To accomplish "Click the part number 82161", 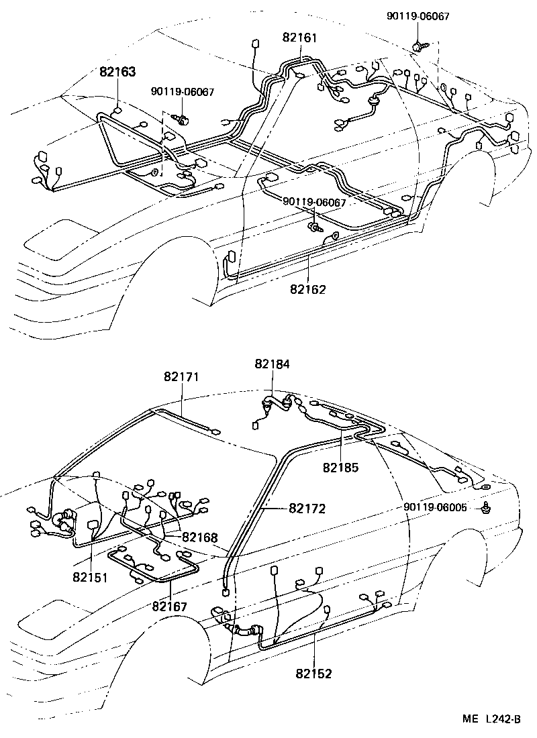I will [299, 38].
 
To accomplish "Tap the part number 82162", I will [308, 289].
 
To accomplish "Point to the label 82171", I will [181, 377].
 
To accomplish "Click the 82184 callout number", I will [273, 363].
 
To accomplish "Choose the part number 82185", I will [340, 466].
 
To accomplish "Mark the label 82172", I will [307, 509].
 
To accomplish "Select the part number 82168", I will [200, 537].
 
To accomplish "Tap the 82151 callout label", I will [91, 576].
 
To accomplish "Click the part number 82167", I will [170, 606].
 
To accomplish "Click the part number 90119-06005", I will [436, 507].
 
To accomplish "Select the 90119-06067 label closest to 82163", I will [183, 92].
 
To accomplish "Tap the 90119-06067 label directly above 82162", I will [314, 202].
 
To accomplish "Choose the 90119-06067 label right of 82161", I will [418, 15].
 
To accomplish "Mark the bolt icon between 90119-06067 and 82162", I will [313, 228].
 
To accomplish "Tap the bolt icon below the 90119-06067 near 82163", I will [182, 119].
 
